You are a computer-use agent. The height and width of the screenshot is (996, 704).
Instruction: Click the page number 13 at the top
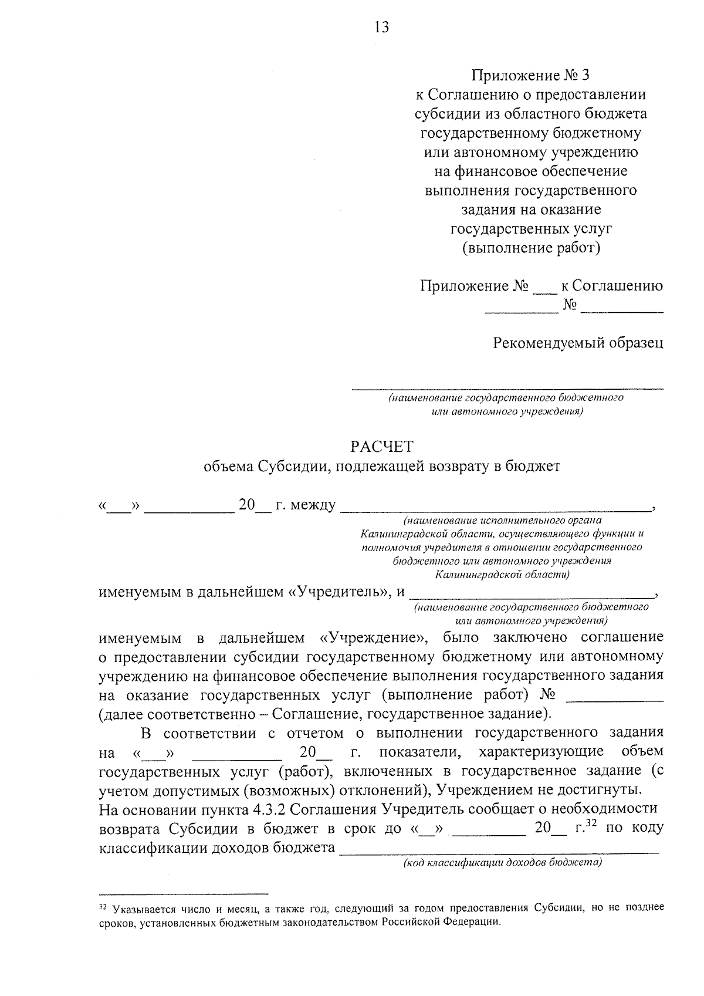point(381,27)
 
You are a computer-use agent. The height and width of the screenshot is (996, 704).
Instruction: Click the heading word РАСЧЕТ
point(381,447)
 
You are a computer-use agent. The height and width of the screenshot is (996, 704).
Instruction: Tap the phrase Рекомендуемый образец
point(578,343)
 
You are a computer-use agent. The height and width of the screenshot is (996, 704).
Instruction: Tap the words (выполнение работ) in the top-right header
point(531,248)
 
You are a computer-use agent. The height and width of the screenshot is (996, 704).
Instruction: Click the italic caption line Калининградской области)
point(502,574)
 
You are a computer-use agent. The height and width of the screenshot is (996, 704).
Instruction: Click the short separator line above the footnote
point(183,892)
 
